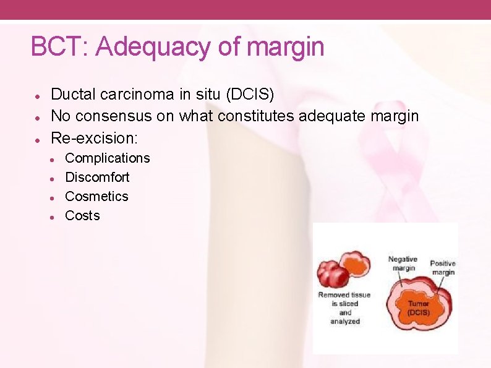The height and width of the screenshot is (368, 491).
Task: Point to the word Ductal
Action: pos(72,95)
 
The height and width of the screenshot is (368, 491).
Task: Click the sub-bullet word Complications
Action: pos(108,158)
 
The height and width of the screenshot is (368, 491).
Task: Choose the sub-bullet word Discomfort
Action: pos(97,178)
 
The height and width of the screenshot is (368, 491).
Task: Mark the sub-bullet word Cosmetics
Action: pos(96,197)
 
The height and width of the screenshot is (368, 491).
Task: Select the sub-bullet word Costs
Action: pos(82,216)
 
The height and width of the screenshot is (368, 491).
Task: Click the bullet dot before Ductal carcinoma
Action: pos(38,96)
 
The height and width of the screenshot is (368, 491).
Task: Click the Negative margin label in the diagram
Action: pos(402,264)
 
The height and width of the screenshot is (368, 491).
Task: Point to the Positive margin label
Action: pos(442,268)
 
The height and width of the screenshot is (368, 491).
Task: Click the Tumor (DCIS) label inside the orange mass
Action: pos(418,308)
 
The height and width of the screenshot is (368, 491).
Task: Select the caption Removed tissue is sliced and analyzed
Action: pos(344,308)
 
